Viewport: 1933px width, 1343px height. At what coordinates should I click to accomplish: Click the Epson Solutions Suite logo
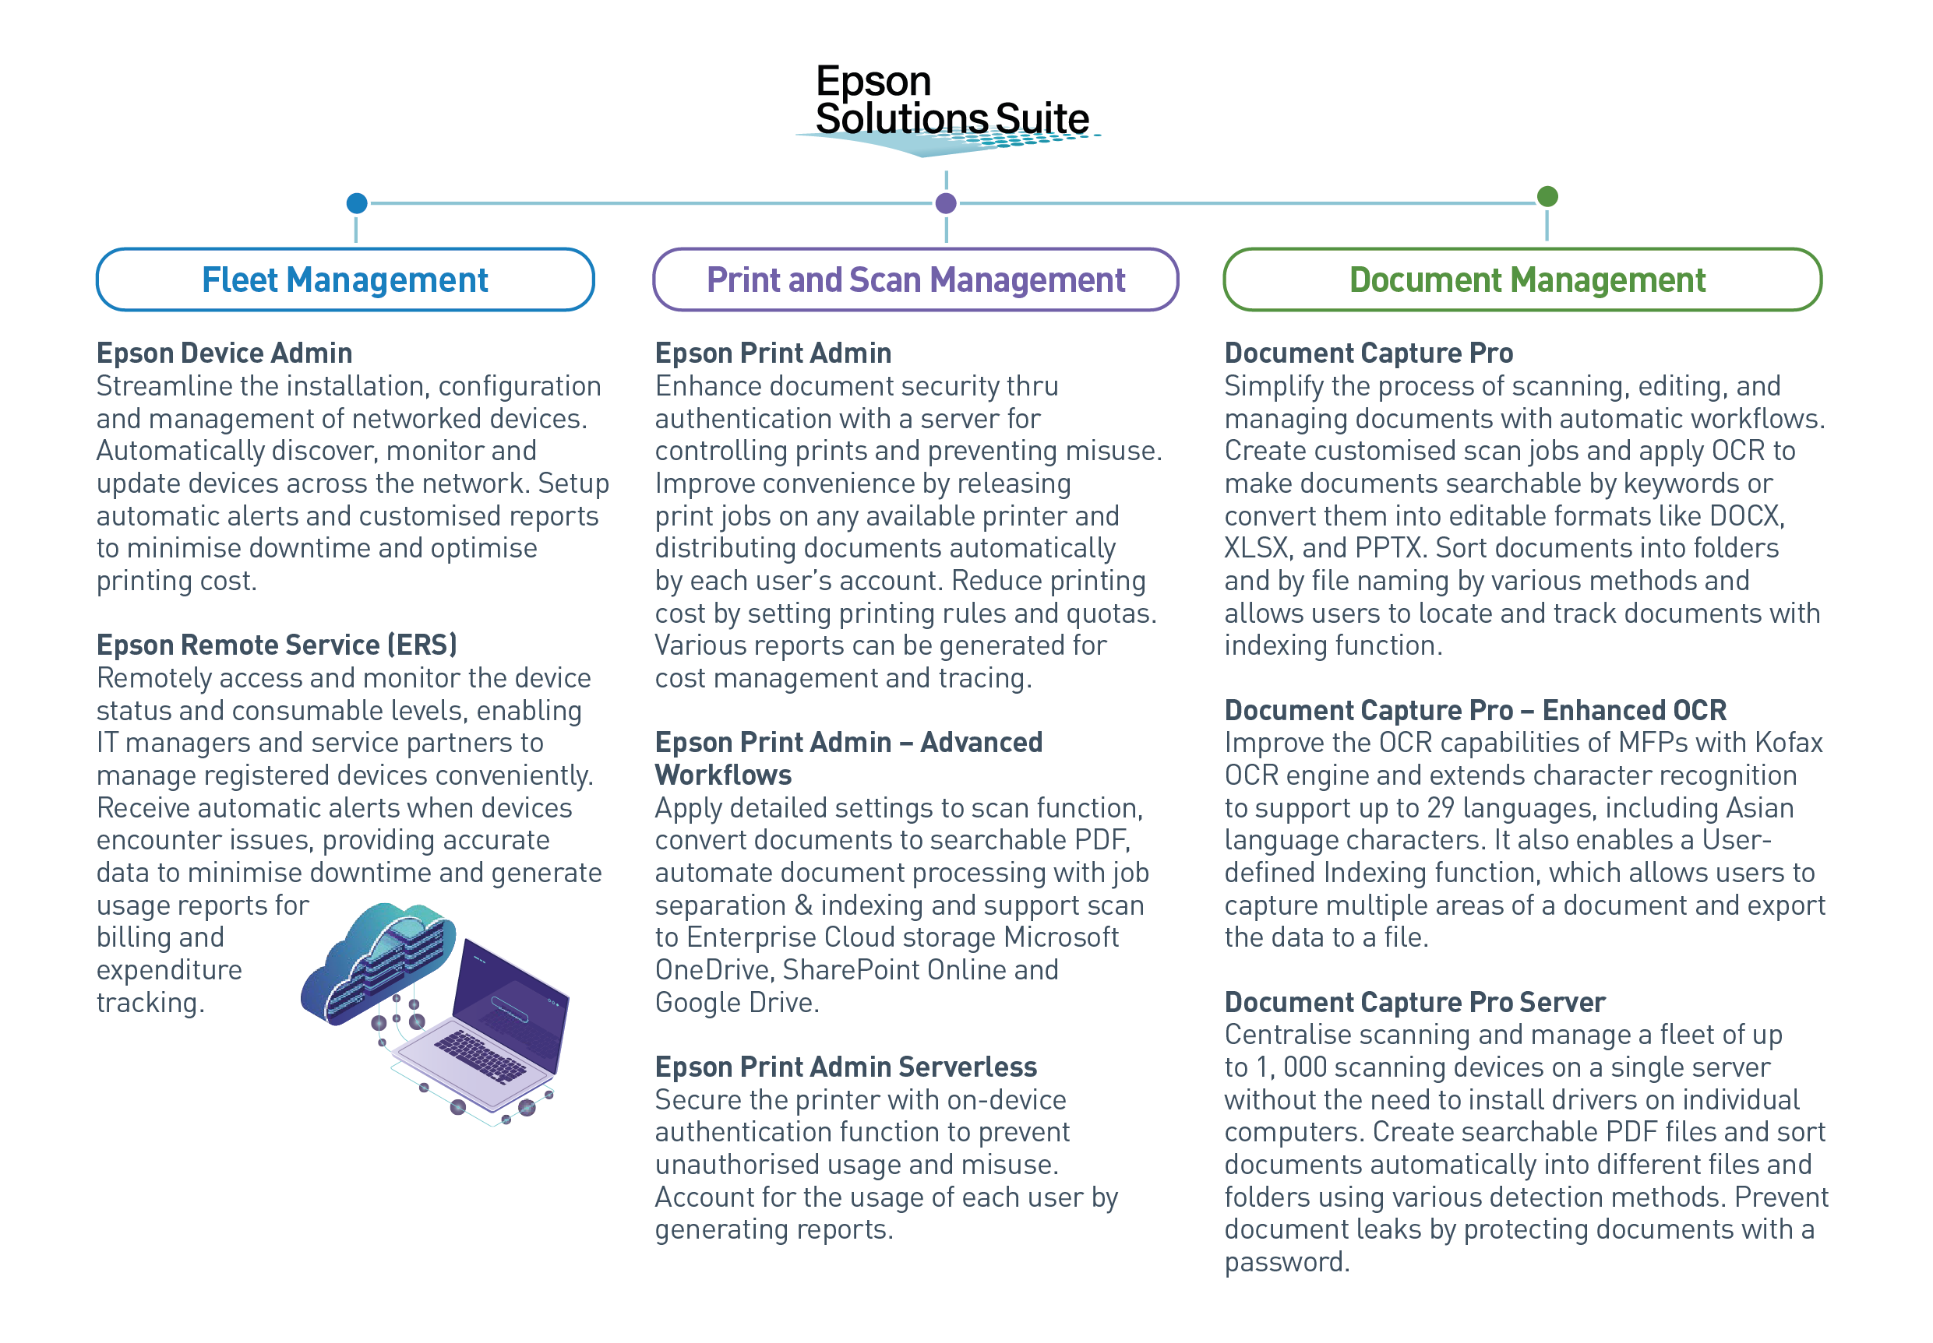pyautogui.click(x=950, y=110)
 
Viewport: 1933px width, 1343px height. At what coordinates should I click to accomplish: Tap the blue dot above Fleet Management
pyautogui.click(x=357, y=202)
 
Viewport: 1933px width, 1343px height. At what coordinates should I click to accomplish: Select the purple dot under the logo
pyautogui.click(x=947, y=202)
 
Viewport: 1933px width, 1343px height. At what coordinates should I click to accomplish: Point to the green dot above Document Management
pyautogui.click(x=1547, y=196)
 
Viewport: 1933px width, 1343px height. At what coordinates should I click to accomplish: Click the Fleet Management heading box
pyautogui.click(x=345, y=279)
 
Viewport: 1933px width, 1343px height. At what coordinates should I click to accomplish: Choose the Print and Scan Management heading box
pyautogui.click(x=915, y=279)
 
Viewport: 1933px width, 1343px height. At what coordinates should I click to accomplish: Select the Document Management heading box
pyautogui.click(x=1522, y=279)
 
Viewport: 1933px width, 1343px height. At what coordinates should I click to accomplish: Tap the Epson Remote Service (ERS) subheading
pyautogui.click(x=277, y=645)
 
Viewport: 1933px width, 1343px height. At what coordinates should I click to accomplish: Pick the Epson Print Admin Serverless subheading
pyautogui.click(x=846, y=1067)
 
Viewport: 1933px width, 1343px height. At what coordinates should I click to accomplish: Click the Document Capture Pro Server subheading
pyautogui.click(x=1414, y=1002)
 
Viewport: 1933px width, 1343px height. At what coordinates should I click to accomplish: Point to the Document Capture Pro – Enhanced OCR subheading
pyautogui.click(x=1475, y=710)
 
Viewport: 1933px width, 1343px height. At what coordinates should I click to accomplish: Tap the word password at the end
pyautogui.click(x=1287, y=1262)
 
